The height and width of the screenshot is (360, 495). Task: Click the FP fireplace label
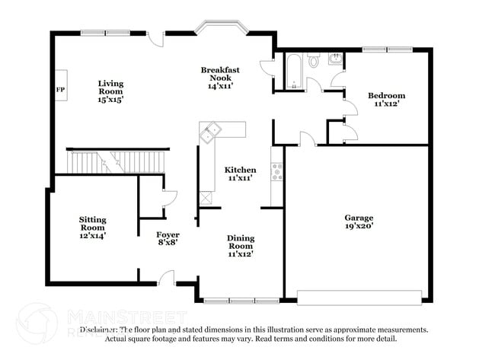(60, 90)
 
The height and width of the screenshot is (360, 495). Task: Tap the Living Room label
(110, 91)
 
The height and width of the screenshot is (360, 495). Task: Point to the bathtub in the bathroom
(294, 73)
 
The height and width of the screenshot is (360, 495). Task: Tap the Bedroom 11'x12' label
(386, 100)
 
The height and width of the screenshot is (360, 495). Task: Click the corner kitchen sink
(209, 135)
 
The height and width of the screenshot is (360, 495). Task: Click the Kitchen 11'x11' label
(240, 174)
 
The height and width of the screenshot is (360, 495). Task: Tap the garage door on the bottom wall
(359, 297)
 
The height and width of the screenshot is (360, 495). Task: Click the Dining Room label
(241, 246)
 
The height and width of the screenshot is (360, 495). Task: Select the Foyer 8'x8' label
(168, 239)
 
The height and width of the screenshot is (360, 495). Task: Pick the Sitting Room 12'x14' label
(93, 228)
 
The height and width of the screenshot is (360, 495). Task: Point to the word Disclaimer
(98, 330)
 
